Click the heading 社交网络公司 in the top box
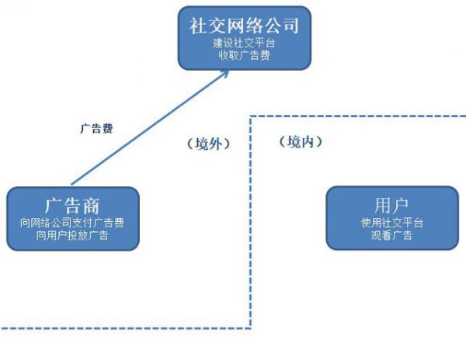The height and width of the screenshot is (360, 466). pyautogui.click(x=244, y=25)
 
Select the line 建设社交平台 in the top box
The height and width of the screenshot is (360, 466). pyautogui.click(x=244, y=43)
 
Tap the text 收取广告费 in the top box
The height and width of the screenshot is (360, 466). pyautogui.click(x=244, y=57)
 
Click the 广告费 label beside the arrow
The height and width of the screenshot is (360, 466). pyautogui.click(x=96, y=129)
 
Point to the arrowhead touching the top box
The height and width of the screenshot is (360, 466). pyautogui.click(x=226, y=71)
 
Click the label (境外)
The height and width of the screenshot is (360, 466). pyautogui.click(x=207, y=144)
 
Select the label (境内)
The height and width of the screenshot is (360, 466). pyautogui.click(x=300, y=142)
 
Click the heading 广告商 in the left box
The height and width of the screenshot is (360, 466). pyautogui.click(x=72, y=206)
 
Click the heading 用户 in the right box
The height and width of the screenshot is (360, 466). pyautogui.click(x=391, y=205)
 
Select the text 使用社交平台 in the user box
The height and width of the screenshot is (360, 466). pyautogui.click(x=391, y=223)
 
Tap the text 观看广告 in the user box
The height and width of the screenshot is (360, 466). pyautogui.click(x=391, y=236)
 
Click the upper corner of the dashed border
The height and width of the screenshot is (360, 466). pyautogui.click(x=251, y=117)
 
